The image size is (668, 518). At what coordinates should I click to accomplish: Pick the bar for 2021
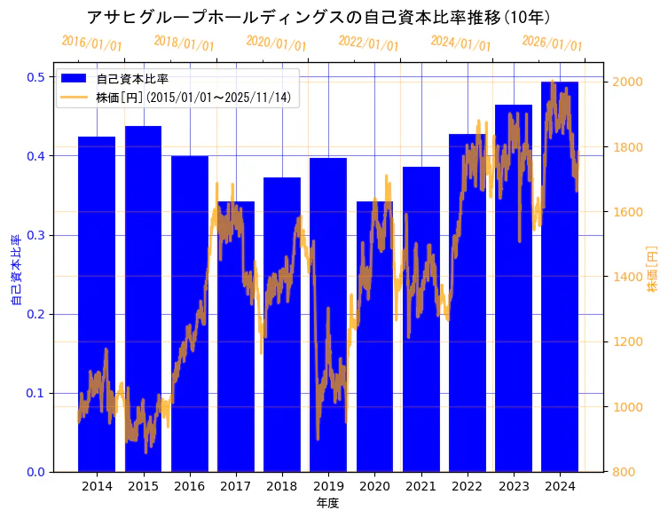point(421,319)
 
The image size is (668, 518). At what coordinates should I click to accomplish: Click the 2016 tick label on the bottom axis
point(189,486)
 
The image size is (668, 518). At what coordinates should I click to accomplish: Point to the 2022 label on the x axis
point(468,486)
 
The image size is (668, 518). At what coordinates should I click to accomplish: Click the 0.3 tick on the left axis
point(36,235)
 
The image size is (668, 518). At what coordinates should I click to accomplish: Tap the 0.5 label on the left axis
point(36,77)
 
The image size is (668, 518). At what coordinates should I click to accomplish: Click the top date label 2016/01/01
point(92,43)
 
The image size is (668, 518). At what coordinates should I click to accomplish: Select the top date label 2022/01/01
point(369,43)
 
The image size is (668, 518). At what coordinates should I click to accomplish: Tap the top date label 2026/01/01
point(553,43)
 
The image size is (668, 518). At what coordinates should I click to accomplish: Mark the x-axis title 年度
point(327,503)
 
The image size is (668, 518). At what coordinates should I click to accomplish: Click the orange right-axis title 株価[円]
point(652,271)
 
